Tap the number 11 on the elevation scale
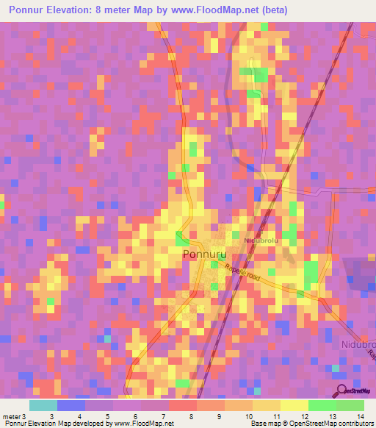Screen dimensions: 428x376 [x=277, y=416]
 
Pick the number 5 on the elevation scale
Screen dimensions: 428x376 [x=108, y=416]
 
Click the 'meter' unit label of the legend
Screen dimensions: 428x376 [x=10, y=416]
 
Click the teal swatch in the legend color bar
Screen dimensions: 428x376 [x=43, y=405]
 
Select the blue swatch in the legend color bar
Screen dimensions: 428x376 [x=71, y=405]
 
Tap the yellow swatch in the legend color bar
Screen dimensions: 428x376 [x=294, y=405]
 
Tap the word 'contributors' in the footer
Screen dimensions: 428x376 [x=356, y=424]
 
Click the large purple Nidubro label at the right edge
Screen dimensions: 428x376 [x=358, y=344]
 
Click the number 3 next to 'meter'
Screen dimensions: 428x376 [x=25, y=416]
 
